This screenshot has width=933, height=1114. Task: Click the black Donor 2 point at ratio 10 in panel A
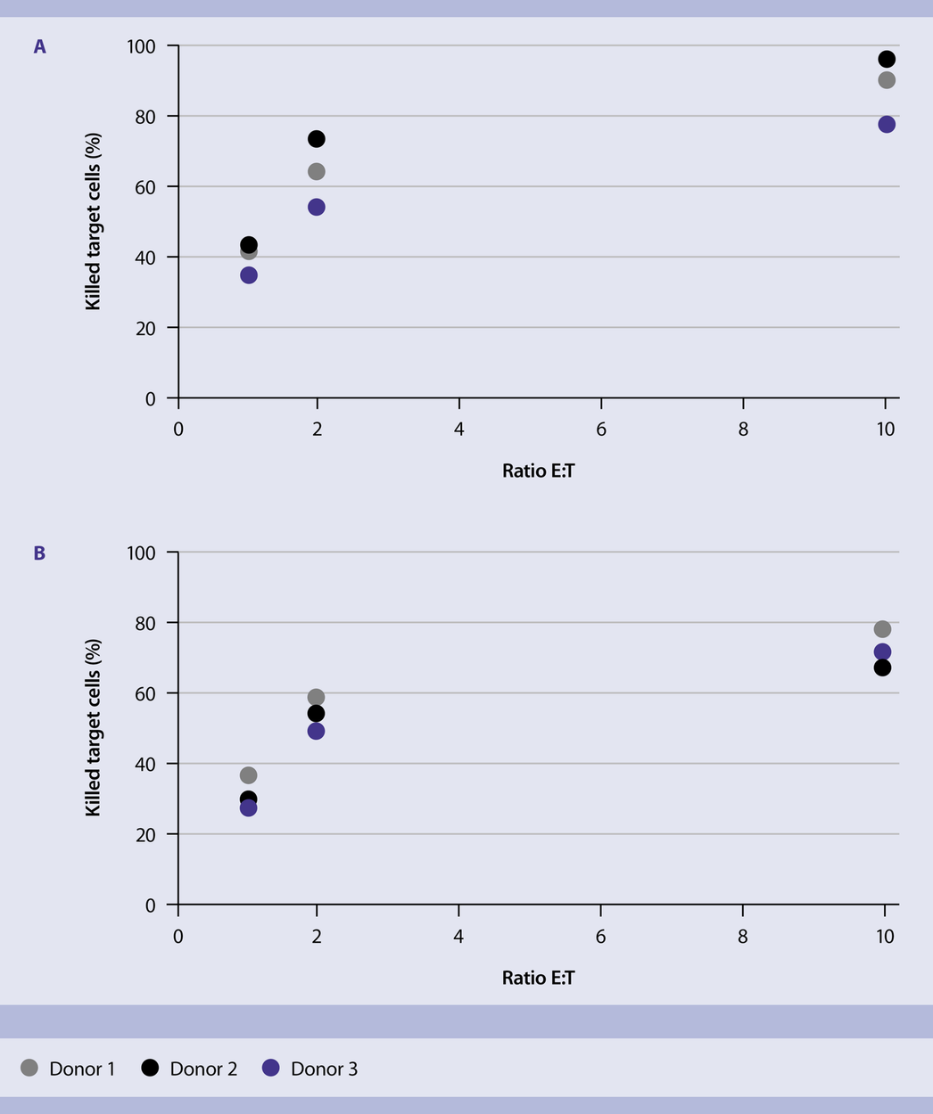[886, 59]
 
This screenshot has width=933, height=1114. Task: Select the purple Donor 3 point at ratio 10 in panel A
[886, 124]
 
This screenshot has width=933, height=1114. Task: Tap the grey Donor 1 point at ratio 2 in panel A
[316, 171]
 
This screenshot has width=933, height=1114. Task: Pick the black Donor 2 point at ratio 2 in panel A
[316, 139]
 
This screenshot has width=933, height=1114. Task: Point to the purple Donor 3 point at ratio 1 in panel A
[249, 275]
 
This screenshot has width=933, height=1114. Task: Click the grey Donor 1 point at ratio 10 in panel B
[882, 629]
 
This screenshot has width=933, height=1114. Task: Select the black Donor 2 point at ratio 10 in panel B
[882, 668]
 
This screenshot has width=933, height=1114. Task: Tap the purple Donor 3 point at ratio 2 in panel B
[316, 731]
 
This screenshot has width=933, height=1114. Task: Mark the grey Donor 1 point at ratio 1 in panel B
[249, 775]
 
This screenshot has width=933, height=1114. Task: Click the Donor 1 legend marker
[29, 1068]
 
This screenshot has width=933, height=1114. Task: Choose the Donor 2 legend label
[203, 1069]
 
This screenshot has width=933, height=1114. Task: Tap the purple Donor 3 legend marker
[271, 1068]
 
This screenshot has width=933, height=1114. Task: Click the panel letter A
[39, 46]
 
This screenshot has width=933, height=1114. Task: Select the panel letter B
[39, 553]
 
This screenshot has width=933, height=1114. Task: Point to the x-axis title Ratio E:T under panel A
[538, 471]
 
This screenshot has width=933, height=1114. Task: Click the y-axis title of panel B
[93, 728]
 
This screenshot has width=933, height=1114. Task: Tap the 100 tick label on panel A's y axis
[142, 45]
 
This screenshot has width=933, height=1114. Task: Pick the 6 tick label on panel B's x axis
[600, 937]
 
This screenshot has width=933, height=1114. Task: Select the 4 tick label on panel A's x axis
[458, 430]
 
